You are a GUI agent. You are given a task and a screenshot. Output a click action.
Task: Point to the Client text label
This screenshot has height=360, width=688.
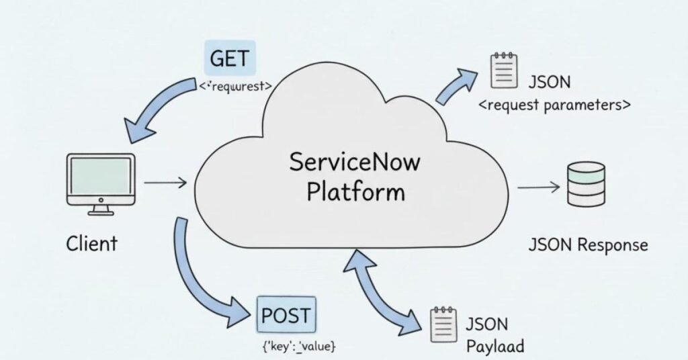92,244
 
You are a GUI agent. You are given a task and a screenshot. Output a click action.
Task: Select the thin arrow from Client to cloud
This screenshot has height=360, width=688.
165,182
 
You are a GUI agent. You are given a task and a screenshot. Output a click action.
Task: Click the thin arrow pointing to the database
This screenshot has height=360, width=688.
538,187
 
